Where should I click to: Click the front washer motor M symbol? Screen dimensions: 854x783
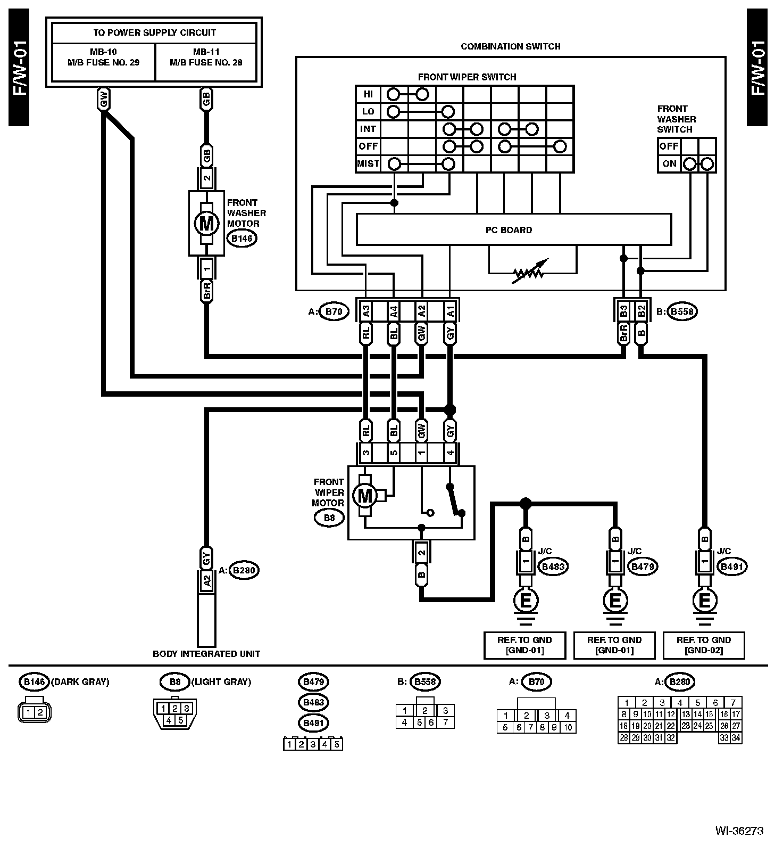(x=206, y=224)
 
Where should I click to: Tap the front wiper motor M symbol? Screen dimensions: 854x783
(x=365, y=496)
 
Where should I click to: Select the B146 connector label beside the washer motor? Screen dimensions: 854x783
(x=242, y=239)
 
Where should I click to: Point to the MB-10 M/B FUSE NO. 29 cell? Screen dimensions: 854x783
(x=103, y=58)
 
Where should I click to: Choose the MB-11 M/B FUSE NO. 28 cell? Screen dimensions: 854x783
(x=206, y=58)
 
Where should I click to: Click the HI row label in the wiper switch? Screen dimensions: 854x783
(x=368, y=94)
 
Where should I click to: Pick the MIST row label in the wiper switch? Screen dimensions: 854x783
(x=368, y=163)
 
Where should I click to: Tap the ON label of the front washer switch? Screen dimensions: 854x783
(x=669, y=163)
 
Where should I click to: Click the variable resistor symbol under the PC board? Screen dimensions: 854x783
(x=528, y=273)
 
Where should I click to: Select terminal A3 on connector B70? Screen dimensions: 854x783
(x=366, y=310)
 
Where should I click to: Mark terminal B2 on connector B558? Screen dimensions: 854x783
(x=641, y=310)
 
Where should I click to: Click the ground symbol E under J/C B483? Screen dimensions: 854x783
(x=525, y=601)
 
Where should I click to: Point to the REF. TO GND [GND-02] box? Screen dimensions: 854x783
(x=704, y=645)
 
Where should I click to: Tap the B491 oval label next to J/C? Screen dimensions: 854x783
(x=732, y=567)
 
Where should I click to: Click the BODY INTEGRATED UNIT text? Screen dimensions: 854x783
(x=206, y=654)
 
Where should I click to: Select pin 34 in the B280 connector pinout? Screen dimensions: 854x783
(x=736, y=738)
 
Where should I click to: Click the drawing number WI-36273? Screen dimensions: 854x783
(x=739, y=831)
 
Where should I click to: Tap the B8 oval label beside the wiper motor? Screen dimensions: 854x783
(x=329, y=518)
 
